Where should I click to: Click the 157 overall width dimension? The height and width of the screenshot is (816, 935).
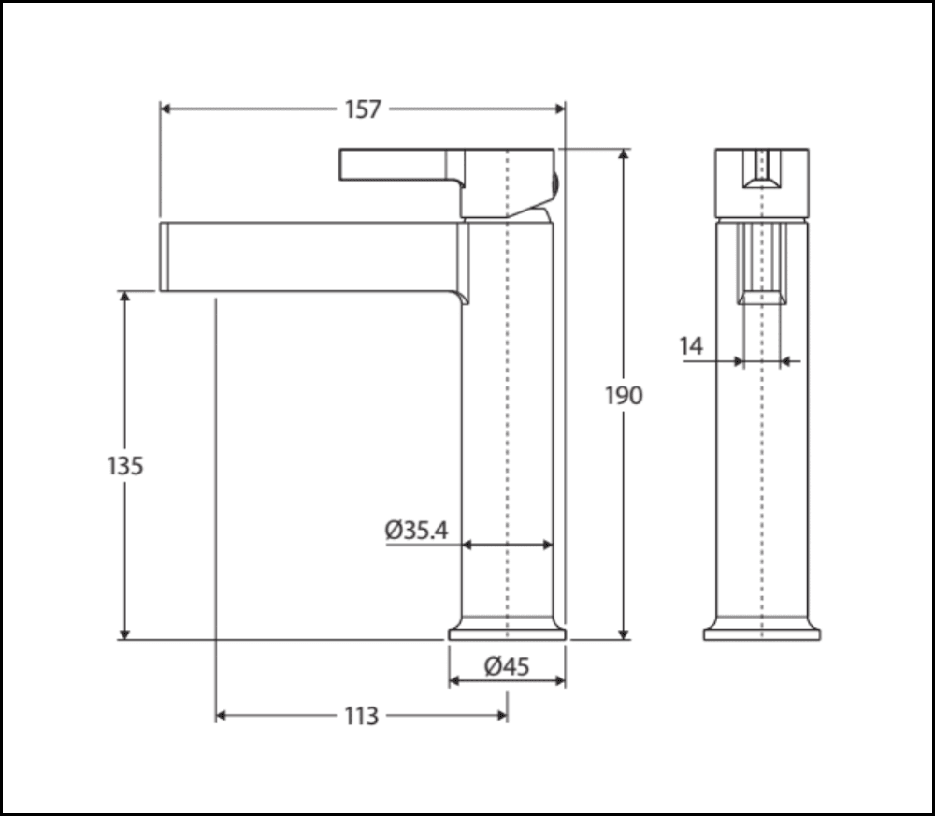pos(363,109)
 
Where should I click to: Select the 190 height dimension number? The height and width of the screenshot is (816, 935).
pos(624,395)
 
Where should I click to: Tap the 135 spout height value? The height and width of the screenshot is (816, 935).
pos(124,465)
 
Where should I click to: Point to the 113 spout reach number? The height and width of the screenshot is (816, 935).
pos(361,716)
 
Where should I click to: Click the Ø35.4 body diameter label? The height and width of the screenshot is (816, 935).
pos(416,530)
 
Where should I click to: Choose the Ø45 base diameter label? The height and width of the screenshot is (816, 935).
pos(507,666)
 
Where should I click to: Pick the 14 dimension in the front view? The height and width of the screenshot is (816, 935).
pos(691,346)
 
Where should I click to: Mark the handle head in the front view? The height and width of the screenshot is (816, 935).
pos(762,182)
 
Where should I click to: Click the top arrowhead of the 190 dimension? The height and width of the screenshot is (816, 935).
pos(624,155)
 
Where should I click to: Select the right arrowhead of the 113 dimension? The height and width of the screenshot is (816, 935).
pos(501,716)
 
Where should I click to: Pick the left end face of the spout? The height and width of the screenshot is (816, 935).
pos(164,256)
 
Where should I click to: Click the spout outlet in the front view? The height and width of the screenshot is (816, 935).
pos(762,297)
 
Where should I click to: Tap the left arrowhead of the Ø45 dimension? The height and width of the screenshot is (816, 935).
pos(455,680)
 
